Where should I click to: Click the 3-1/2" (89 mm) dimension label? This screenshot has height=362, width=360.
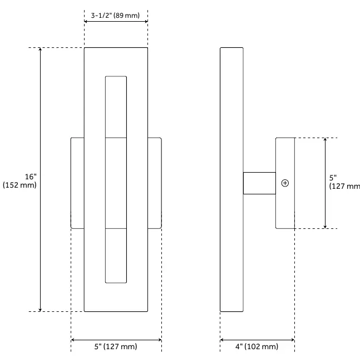point(115,16)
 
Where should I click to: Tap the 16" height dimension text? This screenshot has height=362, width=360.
point(31,177)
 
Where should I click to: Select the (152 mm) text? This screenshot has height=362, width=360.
point(19,185)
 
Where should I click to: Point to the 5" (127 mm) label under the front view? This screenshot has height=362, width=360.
point(116,346)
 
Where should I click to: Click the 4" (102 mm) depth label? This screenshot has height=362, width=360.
point(257,346)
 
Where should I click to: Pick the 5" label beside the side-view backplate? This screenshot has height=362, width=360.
point(333,178)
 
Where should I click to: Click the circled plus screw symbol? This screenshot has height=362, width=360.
point(285,183)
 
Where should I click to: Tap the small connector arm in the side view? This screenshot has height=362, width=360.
point(259,183)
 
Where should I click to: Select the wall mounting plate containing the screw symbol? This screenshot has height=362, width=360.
point(285,183)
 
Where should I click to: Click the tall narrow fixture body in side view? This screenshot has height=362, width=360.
point(231,180)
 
